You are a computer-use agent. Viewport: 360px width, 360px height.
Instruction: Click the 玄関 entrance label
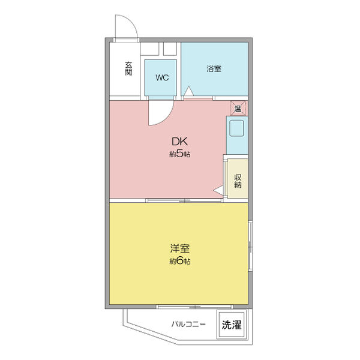point(128,68)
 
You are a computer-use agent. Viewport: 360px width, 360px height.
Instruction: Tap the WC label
point(161,77)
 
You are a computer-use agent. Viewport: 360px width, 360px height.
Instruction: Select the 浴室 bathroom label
point(214,68)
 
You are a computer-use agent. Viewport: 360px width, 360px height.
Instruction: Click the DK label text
point(180,142)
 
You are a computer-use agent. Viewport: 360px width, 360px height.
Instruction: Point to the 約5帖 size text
point(179,154)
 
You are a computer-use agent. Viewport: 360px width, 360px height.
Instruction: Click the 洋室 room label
point(180,248)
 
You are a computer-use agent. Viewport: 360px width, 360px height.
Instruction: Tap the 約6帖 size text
point(179,261)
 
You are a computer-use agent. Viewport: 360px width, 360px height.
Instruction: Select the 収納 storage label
point(238,181)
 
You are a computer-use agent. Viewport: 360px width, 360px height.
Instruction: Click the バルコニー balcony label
point(188,325)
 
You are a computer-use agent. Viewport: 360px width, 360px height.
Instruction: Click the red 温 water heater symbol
point(238,109)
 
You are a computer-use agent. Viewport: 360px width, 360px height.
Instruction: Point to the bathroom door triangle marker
point(188,91)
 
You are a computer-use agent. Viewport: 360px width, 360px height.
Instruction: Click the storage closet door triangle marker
point(219,190)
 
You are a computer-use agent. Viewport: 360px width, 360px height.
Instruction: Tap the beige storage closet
point(237,177)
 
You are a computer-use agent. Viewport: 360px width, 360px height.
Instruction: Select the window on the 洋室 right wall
point(250,246)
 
